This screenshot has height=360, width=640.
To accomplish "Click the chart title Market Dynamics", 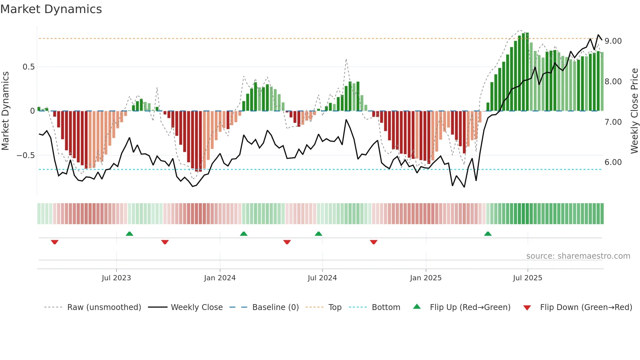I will coord(51,9).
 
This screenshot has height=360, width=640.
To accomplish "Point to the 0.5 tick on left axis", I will coord(28,67).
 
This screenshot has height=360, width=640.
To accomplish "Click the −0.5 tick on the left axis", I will coord(26,155).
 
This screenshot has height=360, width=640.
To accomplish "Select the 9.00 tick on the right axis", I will coord(613,41).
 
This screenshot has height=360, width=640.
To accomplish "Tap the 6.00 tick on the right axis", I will coord(613,162).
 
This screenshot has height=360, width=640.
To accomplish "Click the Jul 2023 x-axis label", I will coord(116,278).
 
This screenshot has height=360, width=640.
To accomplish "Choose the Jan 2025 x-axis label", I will coord(425,278).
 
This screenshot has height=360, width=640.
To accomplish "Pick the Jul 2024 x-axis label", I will coord(322,278).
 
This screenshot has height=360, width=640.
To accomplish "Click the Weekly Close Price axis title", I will coord(634,111).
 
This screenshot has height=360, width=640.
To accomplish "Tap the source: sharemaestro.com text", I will coord(578,256).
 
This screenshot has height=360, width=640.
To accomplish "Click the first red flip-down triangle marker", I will coord(55,242).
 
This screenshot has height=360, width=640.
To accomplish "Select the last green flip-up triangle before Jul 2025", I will coord(488,234).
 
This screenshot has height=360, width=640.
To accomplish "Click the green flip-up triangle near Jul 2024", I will coord(318,234).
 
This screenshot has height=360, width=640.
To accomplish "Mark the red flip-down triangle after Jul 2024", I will coord(374,242).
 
